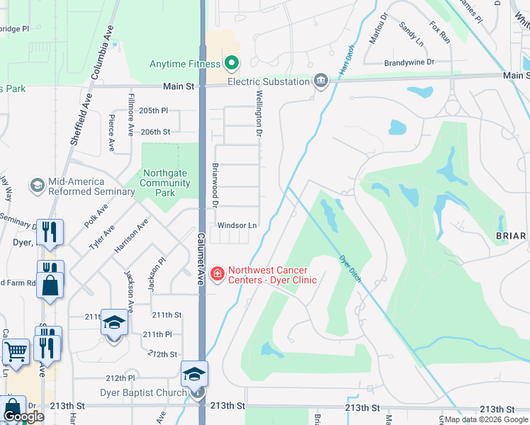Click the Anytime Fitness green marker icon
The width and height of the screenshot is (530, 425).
pos(231,64)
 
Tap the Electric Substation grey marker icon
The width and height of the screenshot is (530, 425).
pos(321,81)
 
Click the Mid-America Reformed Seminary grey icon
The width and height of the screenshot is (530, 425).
pos(36,186)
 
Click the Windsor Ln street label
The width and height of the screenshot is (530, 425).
pos(237,225)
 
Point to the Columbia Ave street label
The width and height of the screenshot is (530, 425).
pos(101,52)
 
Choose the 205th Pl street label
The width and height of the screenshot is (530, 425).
pos(154,110)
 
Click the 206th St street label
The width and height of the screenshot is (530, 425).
pos(155,132)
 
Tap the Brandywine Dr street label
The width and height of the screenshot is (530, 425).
pos(409,62)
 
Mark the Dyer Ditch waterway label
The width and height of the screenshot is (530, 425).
pos(350,268)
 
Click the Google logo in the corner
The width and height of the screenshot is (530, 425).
pos(23,417)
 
